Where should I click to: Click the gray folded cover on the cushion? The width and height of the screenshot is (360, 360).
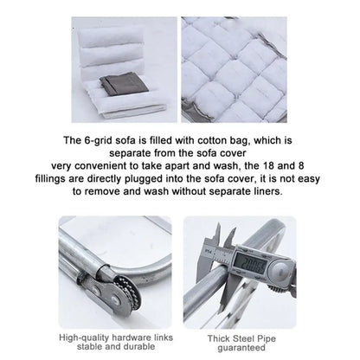coord(125,85)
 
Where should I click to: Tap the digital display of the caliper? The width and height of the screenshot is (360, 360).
coord(249,262)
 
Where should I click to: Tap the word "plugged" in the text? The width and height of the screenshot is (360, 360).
coord(143,179)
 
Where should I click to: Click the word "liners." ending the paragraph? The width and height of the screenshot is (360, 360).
coord(267,191)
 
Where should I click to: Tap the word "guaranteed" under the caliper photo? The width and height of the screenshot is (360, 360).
coord(241,348)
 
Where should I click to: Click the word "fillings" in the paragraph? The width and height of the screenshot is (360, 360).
coord(50,179)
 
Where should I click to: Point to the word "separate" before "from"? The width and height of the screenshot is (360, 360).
coord(131,153)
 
